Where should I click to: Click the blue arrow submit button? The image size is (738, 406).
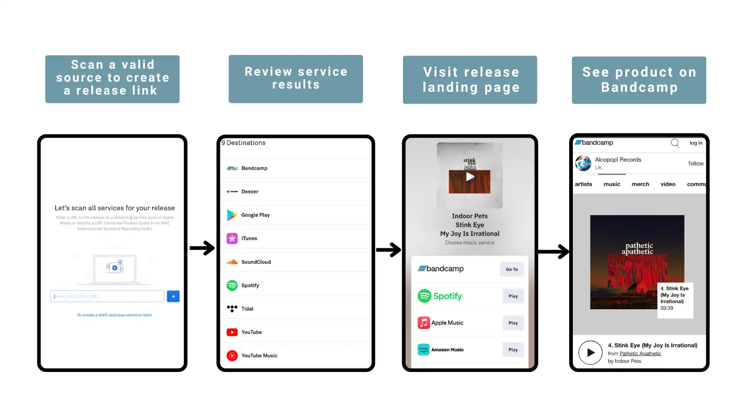pos(173,296)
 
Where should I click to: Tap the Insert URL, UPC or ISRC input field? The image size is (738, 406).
pos(107,296)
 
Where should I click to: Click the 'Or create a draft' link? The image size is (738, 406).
pos(114,315)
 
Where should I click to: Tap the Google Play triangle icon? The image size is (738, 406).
pos(232,215)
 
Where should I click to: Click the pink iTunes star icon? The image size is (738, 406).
pos(232,239)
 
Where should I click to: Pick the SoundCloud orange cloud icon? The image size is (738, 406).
pos(232,262)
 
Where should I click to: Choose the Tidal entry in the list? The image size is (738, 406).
pos(247,309)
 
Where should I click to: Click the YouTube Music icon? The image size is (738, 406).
pos(232,356)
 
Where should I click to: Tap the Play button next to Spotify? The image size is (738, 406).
pos(513,296)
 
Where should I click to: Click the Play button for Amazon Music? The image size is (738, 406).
pos(513,350)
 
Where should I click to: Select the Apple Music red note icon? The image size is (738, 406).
pos(423,323)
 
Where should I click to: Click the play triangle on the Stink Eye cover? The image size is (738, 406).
pos(470,177)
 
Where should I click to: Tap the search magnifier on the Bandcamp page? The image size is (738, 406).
pos(675,143)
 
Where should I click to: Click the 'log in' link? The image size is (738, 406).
pos(696,143)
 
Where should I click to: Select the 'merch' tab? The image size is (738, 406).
pos(640,184)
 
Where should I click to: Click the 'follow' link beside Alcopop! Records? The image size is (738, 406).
pos(696,163)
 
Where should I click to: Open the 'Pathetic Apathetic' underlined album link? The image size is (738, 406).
pos(640,354)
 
